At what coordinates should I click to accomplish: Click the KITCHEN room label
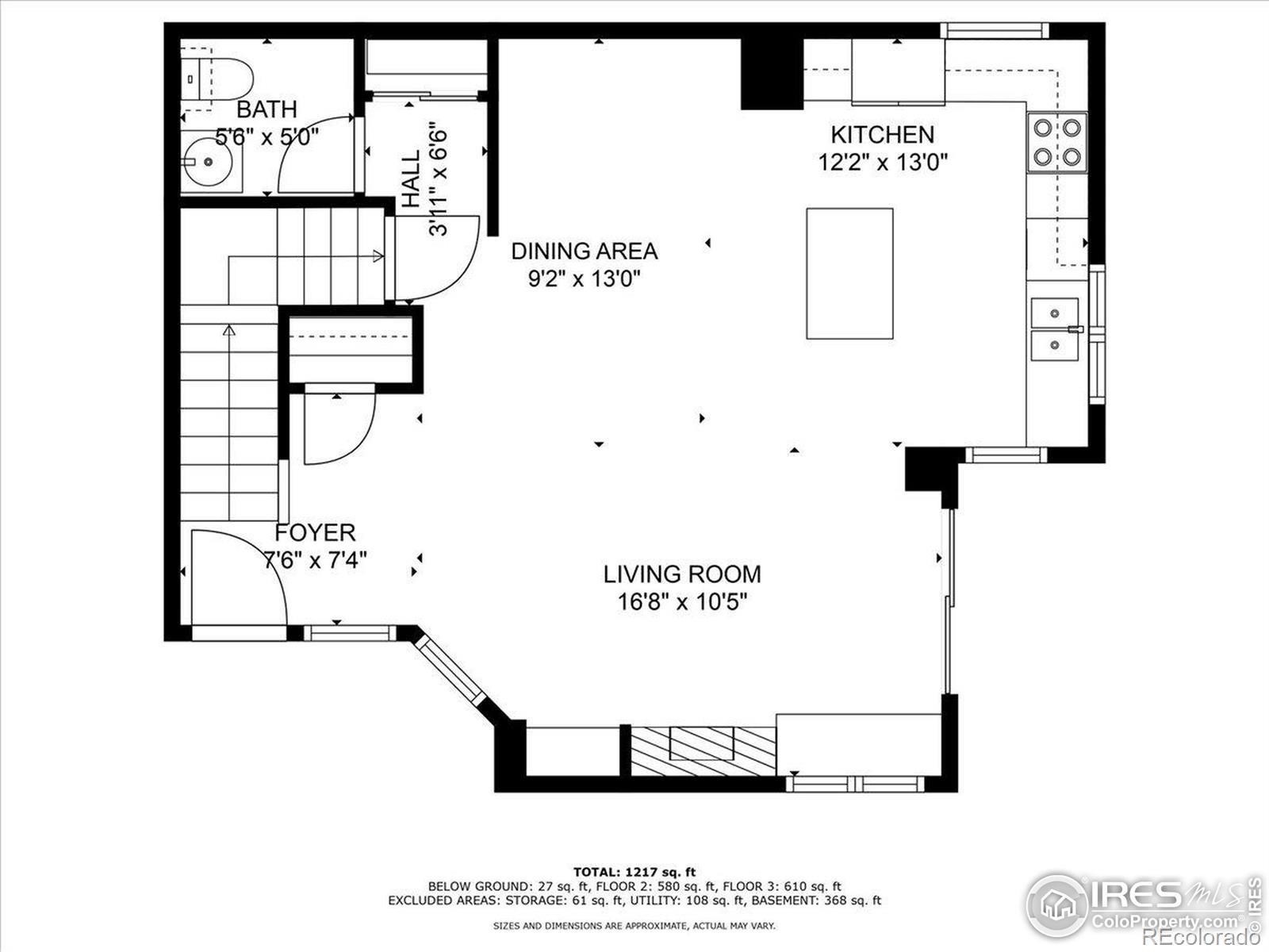pos(882,135)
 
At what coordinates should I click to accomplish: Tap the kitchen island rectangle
pos(849,274)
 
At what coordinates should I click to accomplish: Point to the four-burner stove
pos(1056,142)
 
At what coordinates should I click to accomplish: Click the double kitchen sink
pos(1055,329)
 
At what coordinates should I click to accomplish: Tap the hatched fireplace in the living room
pos(703,751)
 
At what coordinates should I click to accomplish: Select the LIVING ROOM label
pos(682,574)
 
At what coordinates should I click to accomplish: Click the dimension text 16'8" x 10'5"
pos(682,602)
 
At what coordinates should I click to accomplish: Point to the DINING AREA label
pos(585,251)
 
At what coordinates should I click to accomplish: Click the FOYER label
pos(315,532)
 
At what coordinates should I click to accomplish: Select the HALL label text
pos(411,178)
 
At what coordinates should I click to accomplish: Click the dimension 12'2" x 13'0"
pos(883,163)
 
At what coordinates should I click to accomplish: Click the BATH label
pos(267,109)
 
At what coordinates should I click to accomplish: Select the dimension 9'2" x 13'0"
pos(585,279)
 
